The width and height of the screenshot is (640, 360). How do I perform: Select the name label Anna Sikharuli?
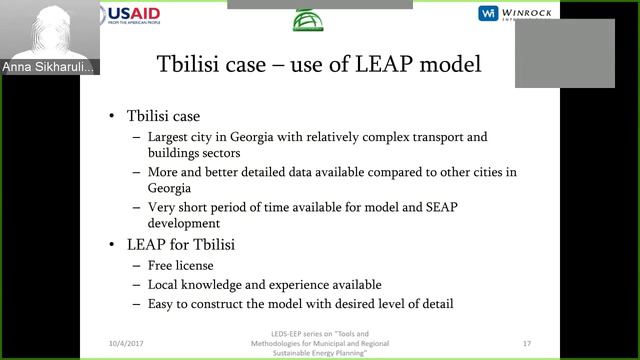(49, 67)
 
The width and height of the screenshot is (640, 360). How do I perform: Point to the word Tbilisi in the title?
(195, 65)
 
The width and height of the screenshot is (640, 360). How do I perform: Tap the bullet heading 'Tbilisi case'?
(163, 116)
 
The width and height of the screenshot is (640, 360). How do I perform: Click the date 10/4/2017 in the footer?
(127, 343)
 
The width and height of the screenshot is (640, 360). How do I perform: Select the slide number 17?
(526, 343)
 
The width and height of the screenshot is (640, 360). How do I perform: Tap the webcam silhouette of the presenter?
(45, 30)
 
